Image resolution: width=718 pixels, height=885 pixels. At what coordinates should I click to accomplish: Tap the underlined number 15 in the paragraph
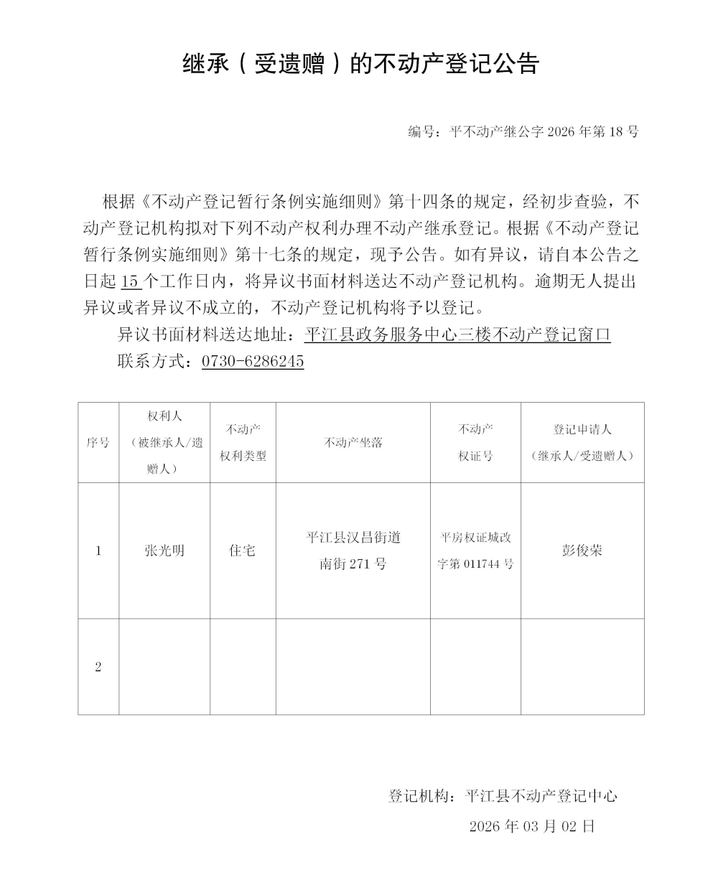pyautogui.click(x=131, y=281)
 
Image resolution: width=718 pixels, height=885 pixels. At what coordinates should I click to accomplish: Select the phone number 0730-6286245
pyautogui.click(x=253, y=361)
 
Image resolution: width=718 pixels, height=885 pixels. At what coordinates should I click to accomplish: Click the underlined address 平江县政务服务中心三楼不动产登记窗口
pyautogui.click(x=457, y=335)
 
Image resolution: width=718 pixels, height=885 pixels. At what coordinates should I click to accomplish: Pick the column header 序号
pyautogui.click(x=98, y=443)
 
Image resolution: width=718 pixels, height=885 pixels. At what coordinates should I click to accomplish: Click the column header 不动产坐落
pyautogui.click(x=353, y=443)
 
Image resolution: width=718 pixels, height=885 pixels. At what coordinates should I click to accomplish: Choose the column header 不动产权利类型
pyautogui.click(x=243, y=443)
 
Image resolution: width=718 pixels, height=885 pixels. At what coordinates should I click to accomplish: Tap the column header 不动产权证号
pyautogui.click(x=475, y=443)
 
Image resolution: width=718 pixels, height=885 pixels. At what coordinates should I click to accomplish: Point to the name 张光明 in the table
pyautogui.click(x=164, y=551)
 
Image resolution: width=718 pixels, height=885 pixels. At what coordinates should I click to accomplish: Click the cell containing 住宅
pyautogui.click(x=243, y=551)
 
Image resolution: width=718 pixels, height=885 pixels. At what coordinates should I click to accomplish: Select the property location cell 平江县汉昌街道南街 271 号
pyautogui.click(x=353, y=551)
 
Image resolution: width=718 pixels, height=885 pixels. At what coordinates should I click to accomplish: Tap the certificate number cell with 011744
pyautogui.click(x=475, y=551)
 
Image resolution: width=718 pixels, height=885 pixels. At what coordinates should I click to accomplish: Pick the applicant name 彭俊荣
pyautogui.click(x=582, y=551)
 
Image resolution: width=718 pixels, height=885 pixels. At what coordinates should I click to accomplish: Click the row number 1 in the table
pyautogui.click(x=98, y=551)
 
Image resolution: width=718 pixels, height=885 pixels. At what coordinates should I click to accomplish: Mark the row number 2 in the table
pyautogui.click(x=98, y=667)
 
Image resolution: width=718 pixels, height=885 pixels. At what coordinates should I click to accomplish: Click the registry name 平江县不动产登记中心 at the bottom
pyautogui.click(x=541, y=796)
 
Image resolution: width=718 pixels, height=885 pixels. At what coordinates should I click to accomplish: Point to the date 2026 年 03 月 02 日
pyautogui.click(x=532, y=826)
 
